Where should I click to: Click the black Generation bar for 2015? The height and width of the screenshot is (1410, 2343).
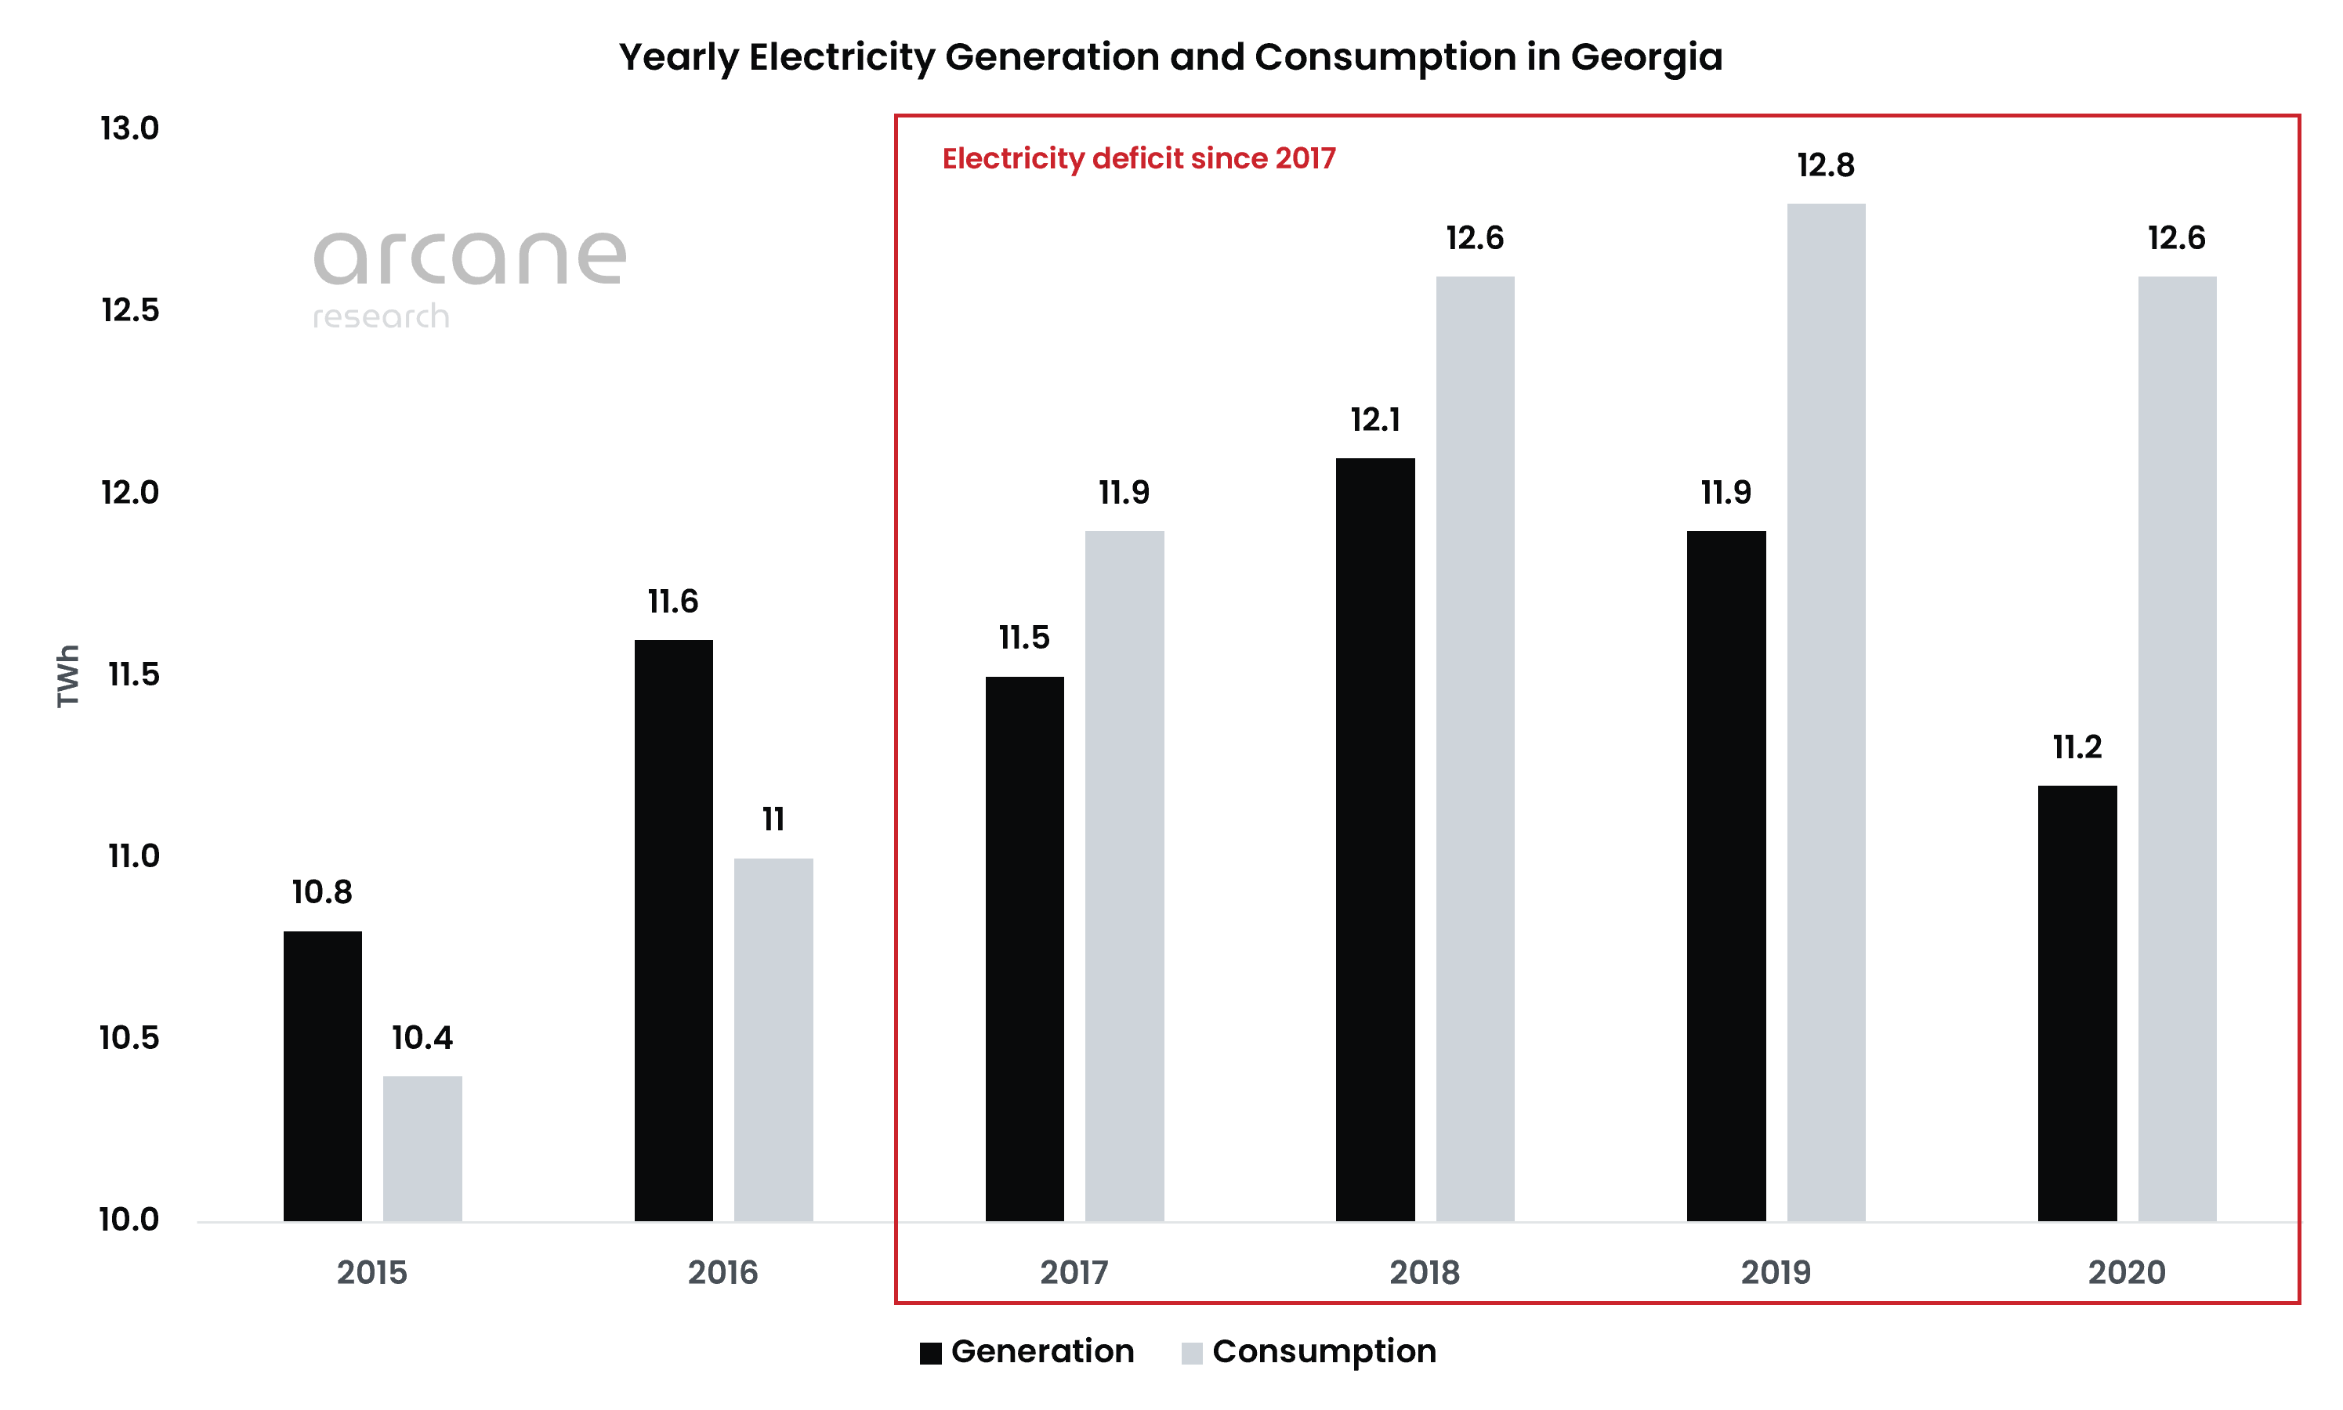click(x=322, y=1076)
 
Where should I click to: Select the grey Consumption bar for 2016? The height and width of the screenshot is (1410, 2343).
click(x=773, y=1039)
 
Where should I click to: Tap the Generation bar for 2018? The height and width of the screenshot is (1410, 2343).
click(x=1374, y=839)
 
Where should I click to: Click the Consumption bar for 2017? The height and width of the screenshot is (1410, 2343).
click(x=1124, y=875)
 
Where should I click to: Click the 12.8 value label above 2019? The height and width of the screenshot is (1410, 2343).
click(x=1825, y=166)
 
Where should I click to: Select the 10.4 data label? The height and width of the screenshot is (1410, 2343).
click(x=422, y=1038)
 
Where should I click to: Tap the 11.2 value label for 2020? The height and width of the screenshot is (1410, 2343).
click(x=2077, y=748)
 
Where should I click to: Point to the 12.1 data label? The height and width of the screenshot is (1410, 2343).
click(x=1374, y=420)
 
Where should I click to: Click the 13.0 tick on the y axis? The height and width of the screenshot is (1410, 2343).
click(x=129, y=128)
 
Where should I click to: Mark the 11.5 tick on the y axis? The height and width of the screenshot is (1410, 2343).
click(x=133, y=674)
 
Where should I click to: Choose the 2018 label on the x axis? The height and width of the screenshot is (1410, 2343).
click(x=1424, y=1272)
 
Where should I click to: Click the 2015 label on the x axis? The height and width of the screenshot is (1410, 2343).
click(x=371, y=1272)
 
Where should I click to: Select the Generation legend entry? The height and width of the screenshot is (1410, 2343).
click(x=1027, y=1351)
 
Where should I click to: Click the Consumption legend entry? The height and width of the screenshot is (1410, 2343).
click(x=1309, y=1351)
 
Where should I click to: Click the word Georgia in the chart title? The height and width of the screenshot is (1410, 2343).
click(x=1646, y=58)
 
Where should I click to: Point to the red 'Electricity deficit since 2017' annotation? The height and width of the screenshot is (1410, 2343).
click(x=1138, y=159)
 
